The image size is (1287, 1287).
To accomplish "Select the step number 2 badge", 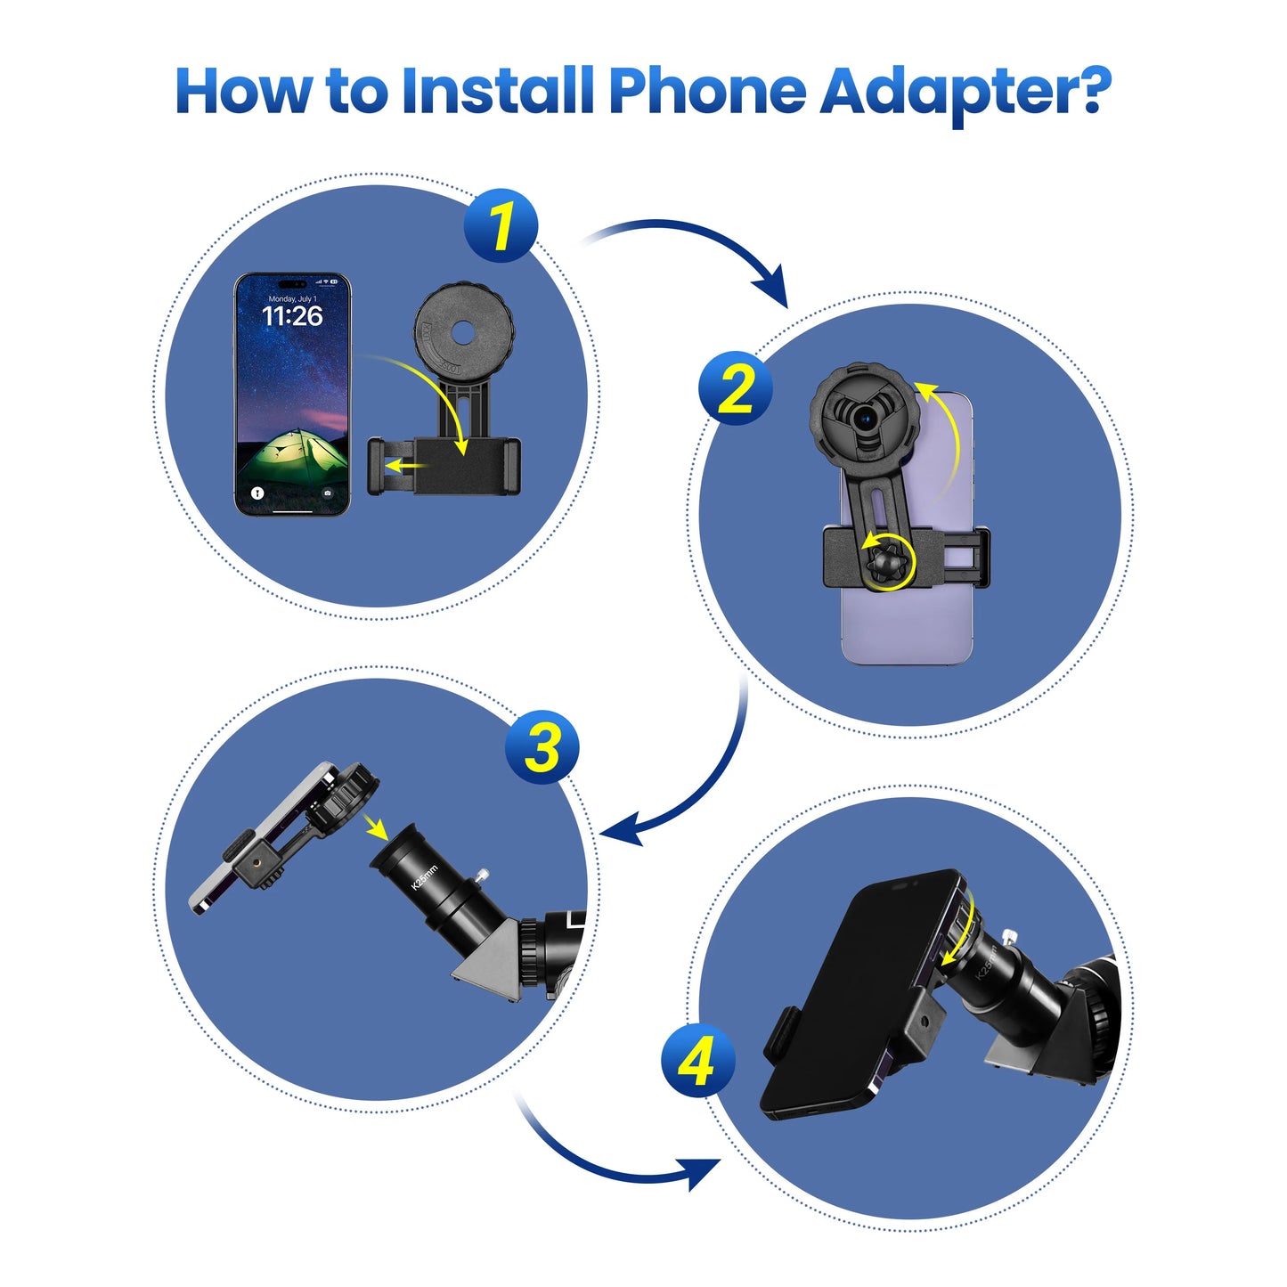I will [x=735, y=388].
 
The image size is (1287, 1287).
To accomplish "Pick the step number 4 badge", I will [x=697, y=1061].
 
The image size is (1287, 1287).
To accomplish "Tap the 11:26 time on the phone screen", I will [x=292, y=316].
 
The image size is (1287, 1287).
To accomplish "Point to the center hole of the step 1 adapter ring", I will [x=461, y=332].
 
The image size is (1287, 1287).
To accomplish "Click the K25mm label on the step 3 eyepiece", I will [x=425, y=876].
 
